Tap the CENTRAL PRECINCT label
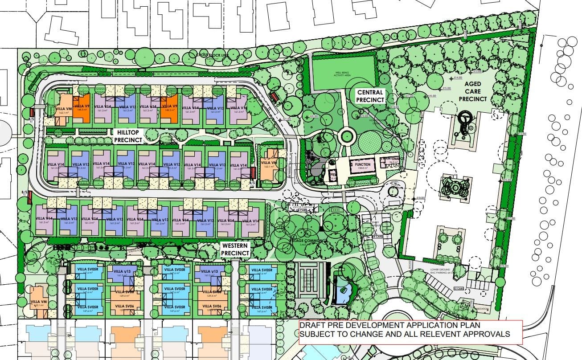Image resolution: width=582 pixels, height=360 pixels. pos(370,96)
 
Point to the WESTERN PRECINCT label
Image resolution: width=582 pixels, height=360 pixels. pos(235,250)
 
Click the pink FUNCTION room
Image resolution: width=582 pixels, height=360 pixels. pos(362,165)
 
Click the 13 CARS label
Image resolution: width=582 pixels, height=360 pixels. pos(459,289)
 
